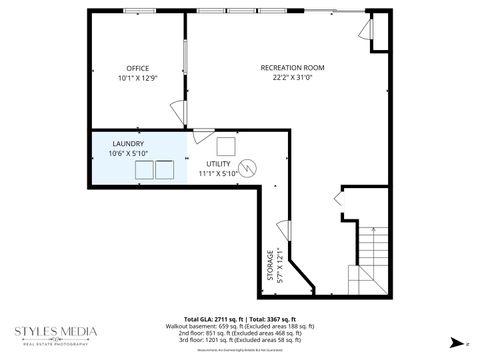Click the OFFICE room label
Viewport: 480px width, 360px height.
click(137, 67)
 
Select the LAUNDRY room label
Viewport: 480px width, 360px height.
click(128, 143)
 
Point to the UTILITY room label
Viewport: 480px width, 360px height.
click(220, 163)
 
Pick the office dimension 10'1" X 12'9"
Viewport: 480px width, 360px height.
click(137, 78)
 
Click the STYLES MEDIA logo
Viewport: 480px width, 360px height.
click(55, 334)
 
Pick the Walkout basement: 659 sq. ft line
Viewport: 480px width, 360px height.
click(241, 325)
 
